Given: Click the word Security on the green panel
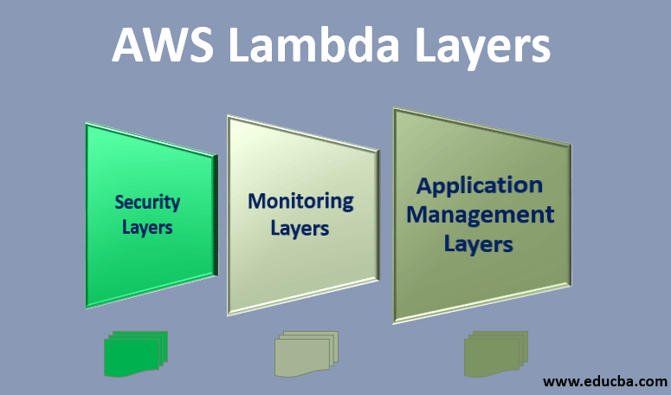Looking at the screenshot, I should pos(147,203).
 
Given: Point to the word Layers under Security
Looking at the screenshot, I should pos(147,228).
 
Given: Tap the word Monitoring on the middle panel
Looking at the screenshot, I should pos(300,201).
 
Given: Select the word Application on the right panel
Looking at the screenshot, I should pos(480,185).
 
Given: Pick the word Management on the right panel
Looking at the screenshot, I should pos(481,214).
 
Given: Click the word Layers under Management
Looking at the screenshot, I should pos(479,243).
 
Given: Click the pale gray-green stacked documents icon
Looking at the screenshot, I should pos(306,353).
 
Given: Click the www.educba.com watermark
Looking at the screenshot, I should pos(605,380).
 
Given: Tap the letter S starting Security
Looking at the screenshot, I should pos(120,203).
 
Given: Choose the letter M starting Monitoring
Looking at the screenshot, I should pos(257,201).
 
